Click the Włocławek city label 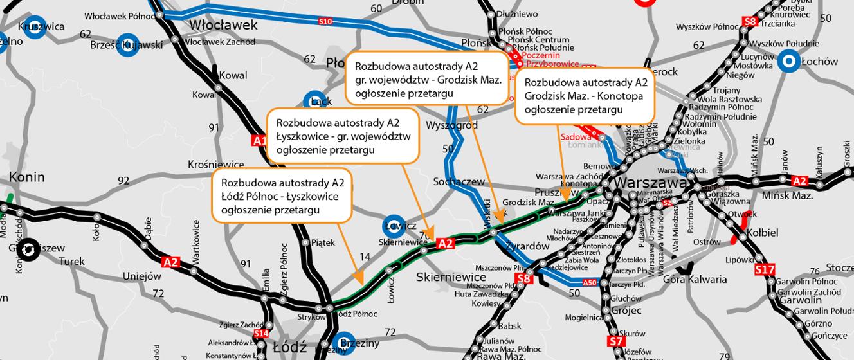point(223,26)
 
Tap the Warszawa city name point(648,183)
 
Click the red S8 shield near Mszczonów point(524,278)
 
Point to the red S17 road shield point(765,270)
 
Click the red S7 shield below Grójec point(615,341)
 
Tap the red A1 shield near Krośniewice point(259,141)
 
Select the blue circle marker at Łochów point(788,62)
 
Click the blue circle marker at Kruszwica point(37,27)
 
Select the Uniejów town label point(141,276)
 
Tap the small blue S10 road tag point(325,22)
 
